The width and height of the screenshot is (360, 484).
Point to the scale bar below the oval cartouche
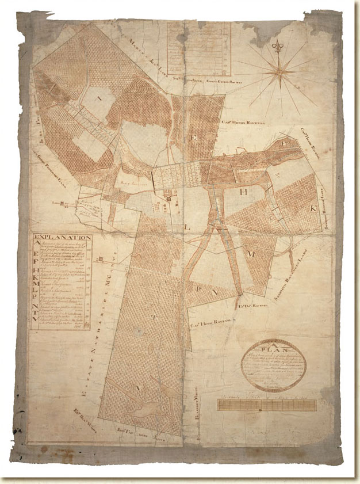click(267, 405)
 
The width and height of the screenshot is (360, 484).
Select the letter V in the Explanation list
click(39, 325)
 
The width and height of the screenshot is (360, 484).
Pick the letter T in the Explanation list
click(39, 317)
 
